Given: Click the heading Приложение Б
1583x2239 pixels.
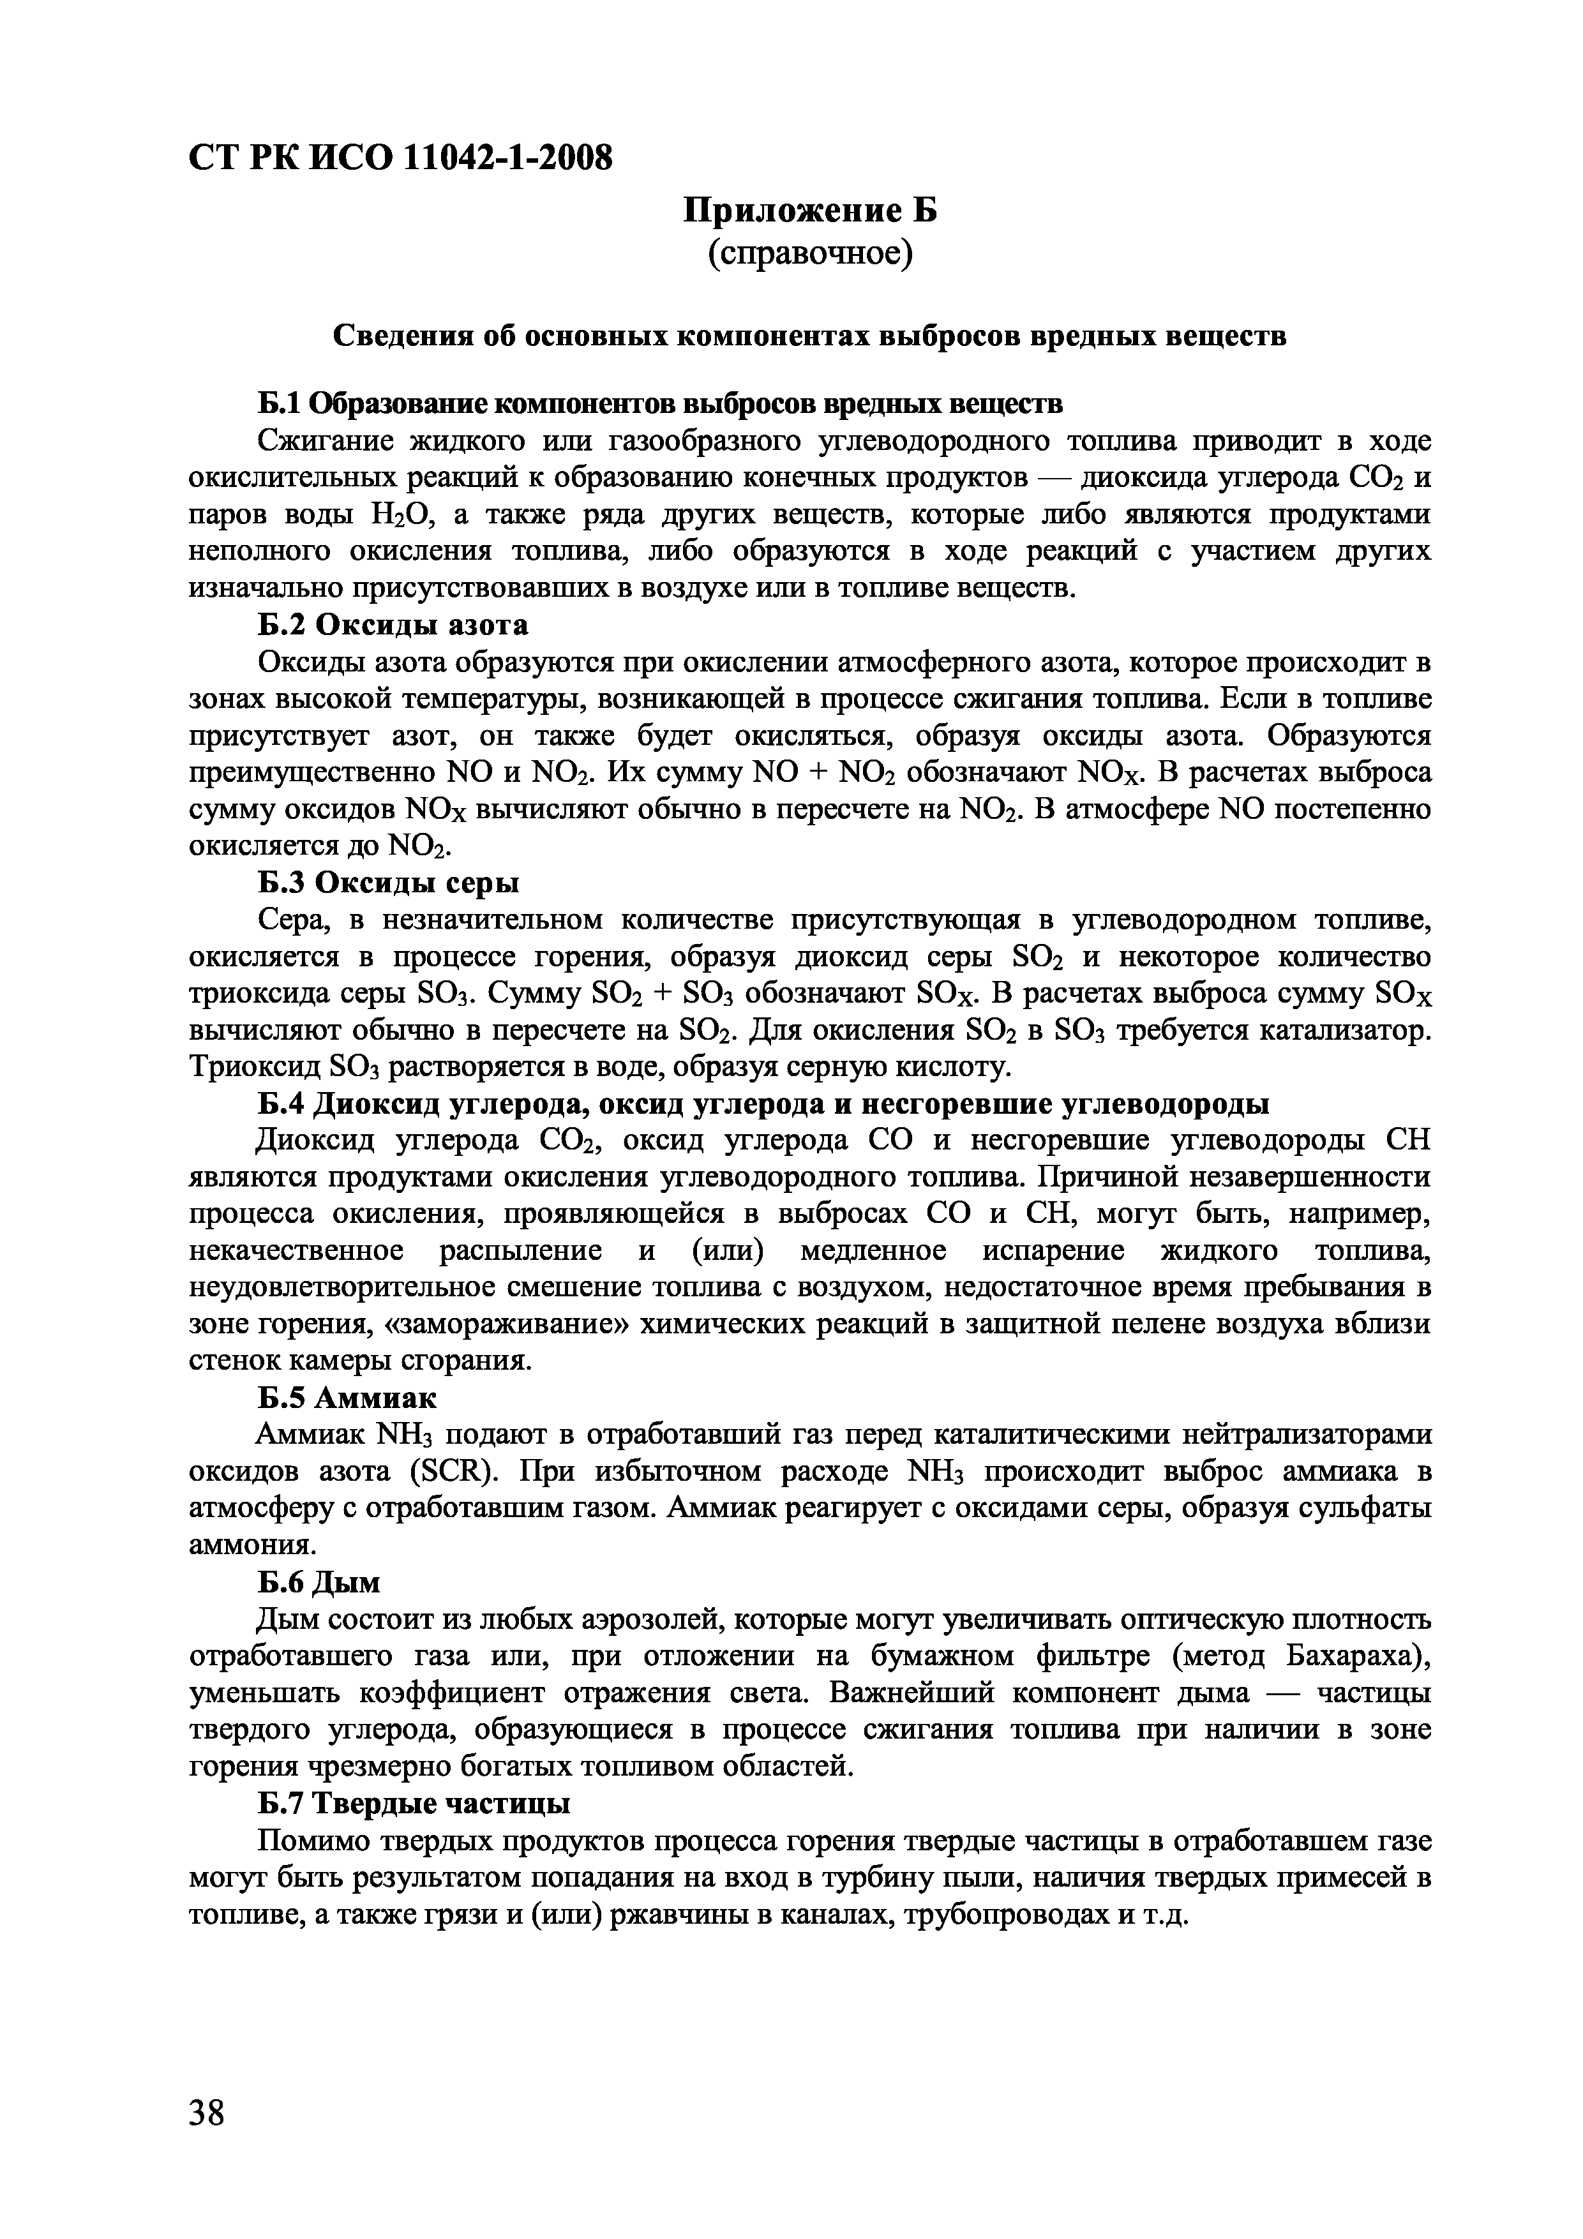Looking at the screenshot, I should point(809,209).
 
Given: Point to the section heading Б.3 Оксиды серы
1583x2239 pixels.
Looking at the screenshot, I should point(388,883).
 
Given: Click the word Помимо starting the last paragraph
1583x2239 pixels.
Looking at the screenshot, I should point(311,1840).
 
